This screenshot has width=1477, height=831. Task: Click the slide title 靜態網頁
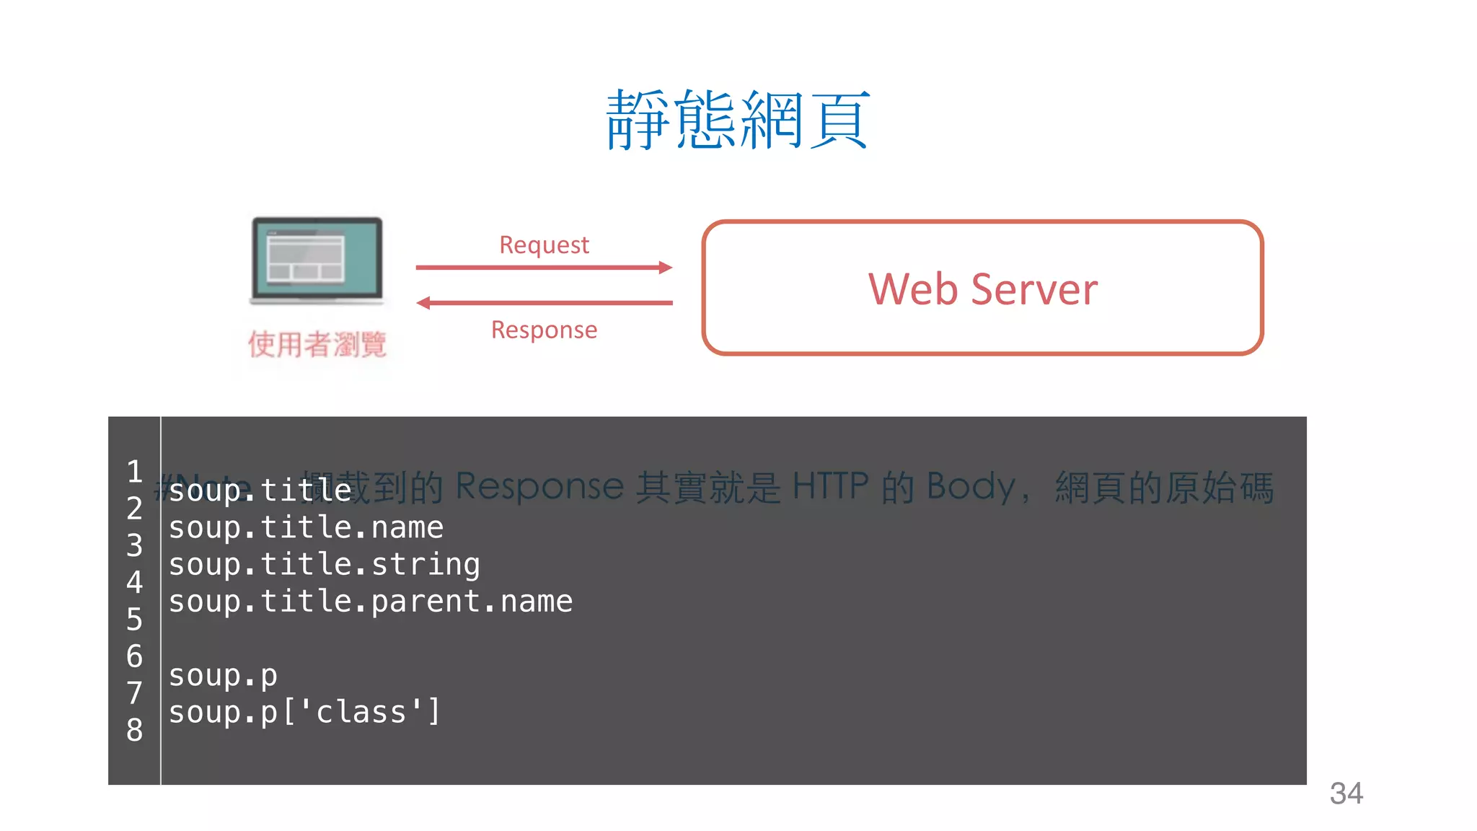tap(737, 120)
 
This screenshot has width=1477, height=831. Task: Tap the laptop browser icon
tap(317, 260)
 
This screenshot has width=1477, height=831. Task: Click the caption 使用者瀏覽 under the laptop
tap(317, 344)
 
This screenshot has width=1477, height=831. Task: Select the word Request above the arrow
tap(544, 245)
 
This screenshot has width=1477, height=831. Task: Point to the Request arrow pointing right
tap(544, 268)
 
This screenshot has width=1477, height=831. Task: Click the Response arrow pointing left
tap(544, 303)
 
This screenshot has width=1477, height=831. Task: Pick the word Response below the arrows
tap(544, 330)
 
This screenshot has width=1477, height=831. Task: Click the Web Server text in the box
tap(982, 289)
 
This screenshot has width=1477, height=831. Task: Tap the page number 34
tap(1346, 793)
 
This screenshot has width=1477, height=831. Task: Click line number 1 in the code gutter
tap(134, 472)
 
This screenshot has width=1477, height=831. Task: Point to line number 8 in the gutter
tap(134, 730)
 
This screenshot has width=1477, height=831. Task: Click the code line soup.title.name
tap(306, 528)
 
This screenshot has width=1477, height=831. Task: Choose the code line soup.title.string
tap(324, 565)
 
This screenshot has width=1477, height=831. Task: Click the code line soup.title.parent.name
tap(370, 602)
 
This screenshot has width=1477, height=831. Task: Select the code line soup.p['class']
tap(304, 713)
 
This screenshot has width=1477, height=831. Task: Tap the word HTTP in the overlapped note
tap(830, 485)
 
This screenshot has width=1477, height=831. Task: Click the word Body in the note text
tap(971, 487)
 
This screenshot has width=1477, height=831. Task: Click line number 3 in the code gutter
tap(134, 545)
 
